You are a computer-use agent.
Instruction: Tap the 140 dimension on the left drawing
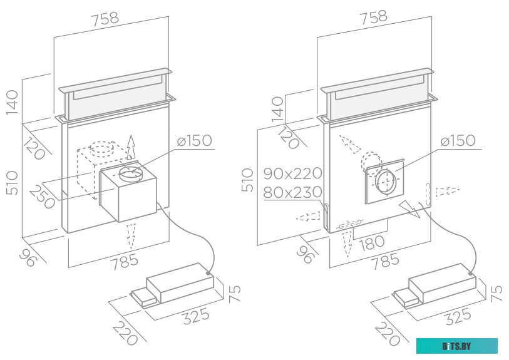(x=13, y=103)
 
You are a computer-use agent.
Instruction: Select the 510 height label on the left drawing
(x=13, y=180)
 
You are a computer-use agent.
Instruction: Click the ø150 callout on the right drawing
(x=457, y=141)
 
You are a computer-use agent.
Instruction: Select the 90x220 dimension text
(x=293, y=173)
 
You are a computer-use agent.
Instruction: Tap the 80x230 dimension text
(x=293, y=192)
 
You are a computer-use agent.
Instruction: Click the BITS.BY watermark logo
(x=457, y=346)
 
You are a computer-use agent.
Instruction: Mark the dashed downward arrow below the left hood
(x=131, y=235)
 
